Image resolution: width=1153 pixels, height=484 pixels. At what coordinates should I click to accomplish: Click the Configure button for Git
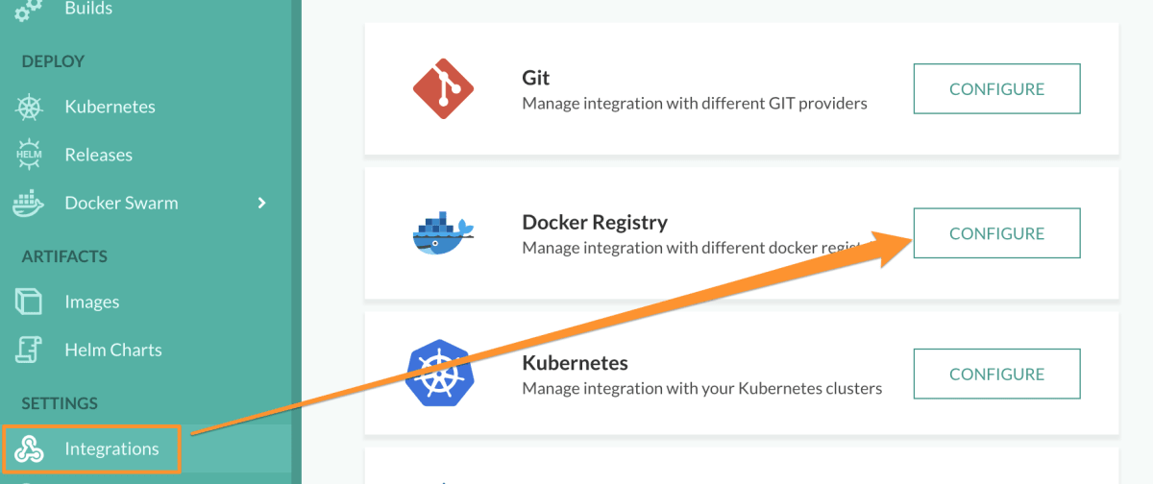tap(996, 89)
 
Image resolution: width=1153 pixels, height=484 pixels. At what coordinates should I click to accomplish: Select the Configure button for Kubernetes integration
tap(996, 374)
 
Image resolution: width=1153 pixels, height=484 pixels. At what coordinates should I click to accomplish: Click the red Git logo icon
tap(443, 88)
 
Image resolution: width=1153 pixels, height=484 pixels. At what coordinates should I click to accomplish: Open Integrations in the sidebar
tap(111, 448)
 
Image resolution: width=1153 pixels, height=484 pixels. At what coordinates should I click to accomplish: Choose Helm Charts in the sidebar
tap(112, 350)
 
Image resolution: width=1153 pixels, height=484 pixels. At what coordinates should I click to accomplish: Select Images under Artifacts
tap(91, 302)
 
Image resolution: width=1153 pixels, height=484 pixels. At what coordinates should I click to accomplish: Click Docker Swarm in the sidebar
tap(121, 203)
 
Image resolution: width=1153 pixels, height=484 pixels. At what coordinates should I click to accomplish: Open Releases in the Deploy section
tap(98, 155)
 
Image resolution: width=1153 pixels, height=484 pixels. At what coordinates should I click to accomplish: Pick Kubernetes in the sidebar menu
tap(110, 107)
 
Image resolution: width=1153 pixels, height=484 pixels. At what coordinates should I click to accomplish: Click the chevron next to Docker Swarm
tap(262, 203)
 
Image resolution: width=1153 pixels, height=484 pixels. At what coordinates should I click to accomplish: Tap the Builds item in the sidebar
tap(88, 9)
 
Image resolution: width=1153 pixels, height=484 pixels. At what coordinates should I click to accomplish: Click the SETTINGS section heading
tap(60, 403)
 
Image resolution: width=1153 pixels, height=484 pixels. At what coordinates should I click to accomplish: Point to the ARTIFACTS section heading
tap(64, 256)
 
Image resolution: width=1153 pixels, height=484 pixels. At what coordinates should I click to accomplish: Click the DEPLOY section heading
tap(53, 61)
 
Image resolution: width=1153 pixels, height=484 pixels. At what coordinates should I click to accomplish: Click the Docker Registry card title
tap(594, 223)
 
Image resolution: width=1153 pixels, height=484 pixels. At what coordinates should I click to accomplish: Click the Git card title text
tap(535, 78)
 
